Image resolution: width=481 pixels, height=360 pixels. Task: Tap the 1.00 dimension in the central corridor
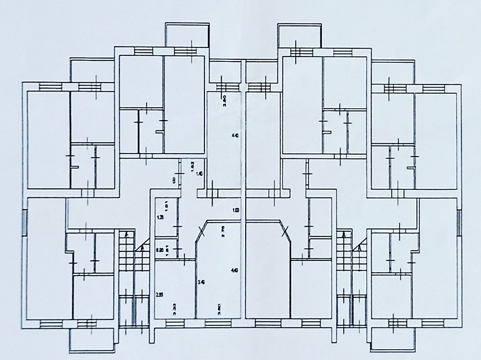point(236,210)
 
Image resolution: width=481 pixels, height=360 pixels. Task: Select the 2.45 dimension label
point(201,282)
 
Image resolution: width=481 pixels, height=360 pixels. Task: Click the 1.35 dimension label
point(160,217)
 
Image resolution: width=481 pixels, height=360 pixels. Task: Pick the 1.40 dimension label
point(200,174)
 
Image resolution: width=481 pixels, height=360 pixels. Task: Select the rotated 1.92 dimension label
point(192,166)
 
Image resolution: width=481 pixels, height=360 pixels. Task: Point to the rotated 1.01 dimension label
point(167,205)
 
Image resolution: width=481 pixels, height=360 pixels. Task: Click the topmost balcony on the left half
point(187,35)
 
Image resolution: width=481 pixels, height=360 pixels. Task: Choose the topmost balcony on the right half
point(298,35)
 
